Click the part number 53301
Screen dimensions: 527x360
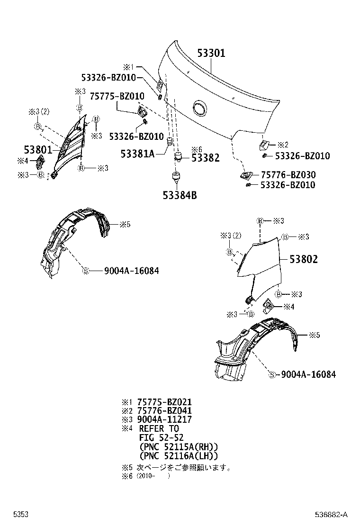click(x=211, y=53)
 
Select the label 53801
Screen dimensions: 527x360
click(x=38, y=150)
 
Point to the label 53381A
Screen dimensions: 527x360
click(x=137, y=154)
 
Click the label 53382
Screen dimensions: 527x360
click(x=205, y=158)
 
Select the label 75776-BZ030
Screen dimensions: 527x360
click(x=288, y=175)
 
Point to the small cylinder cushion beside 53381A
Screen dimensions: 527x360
click(x=169, y=142)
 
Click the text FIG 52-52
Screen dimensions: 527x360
click(x=161, y=437)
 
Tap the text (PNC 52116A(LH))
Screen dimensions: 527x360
click(x=179, y=455)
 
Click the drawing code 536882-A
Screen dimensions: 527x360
click(x=332, y=514)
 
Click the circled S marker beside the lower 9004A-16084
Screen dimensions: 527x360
click(x=272, y=374)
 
